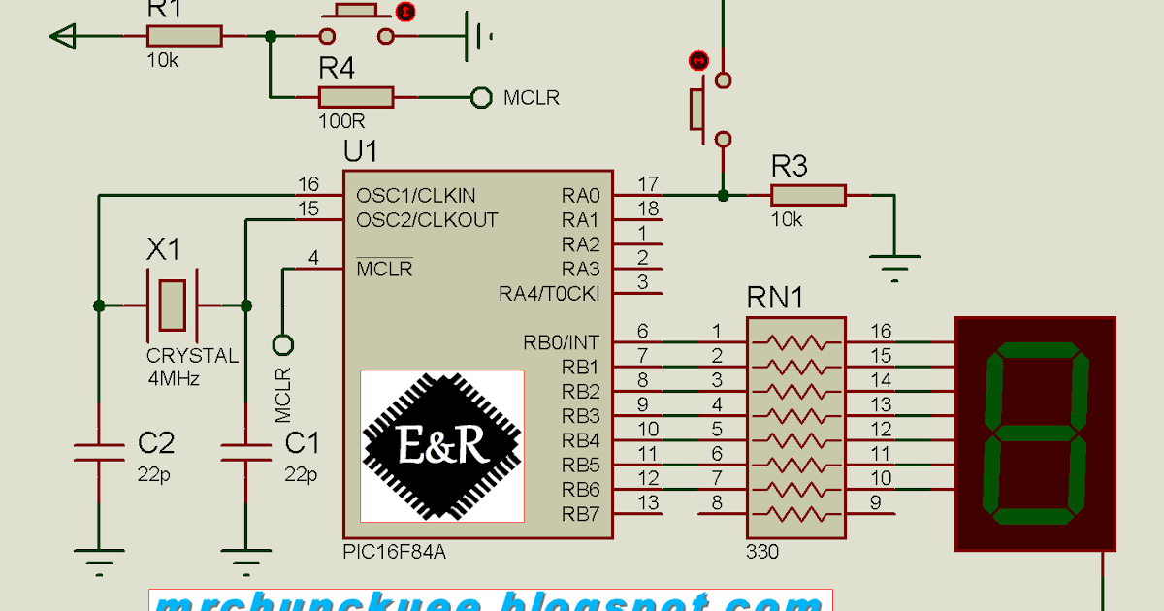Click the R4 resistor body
(356, 97)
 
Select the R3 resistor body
(809, 196)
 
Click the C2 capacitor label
(156, 444)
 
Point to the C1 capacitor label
(302, 444)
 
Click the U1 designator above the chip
(361, 152)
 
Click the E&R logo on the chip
(442, 444)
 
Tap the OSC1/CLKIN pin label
(416, 195)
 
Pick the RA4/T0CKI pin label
(549, 293)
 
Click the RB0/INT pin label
(562, 342)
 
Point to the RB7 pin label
(581, 513)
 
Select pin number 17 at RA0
(649, 183)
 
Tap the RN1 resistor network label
(775, 298)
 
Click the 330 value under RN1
(761, 553)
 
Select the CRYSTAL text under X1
(192, 356)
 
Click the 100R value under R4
(341, 122)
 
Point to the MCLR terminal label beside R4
(531, 98)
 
